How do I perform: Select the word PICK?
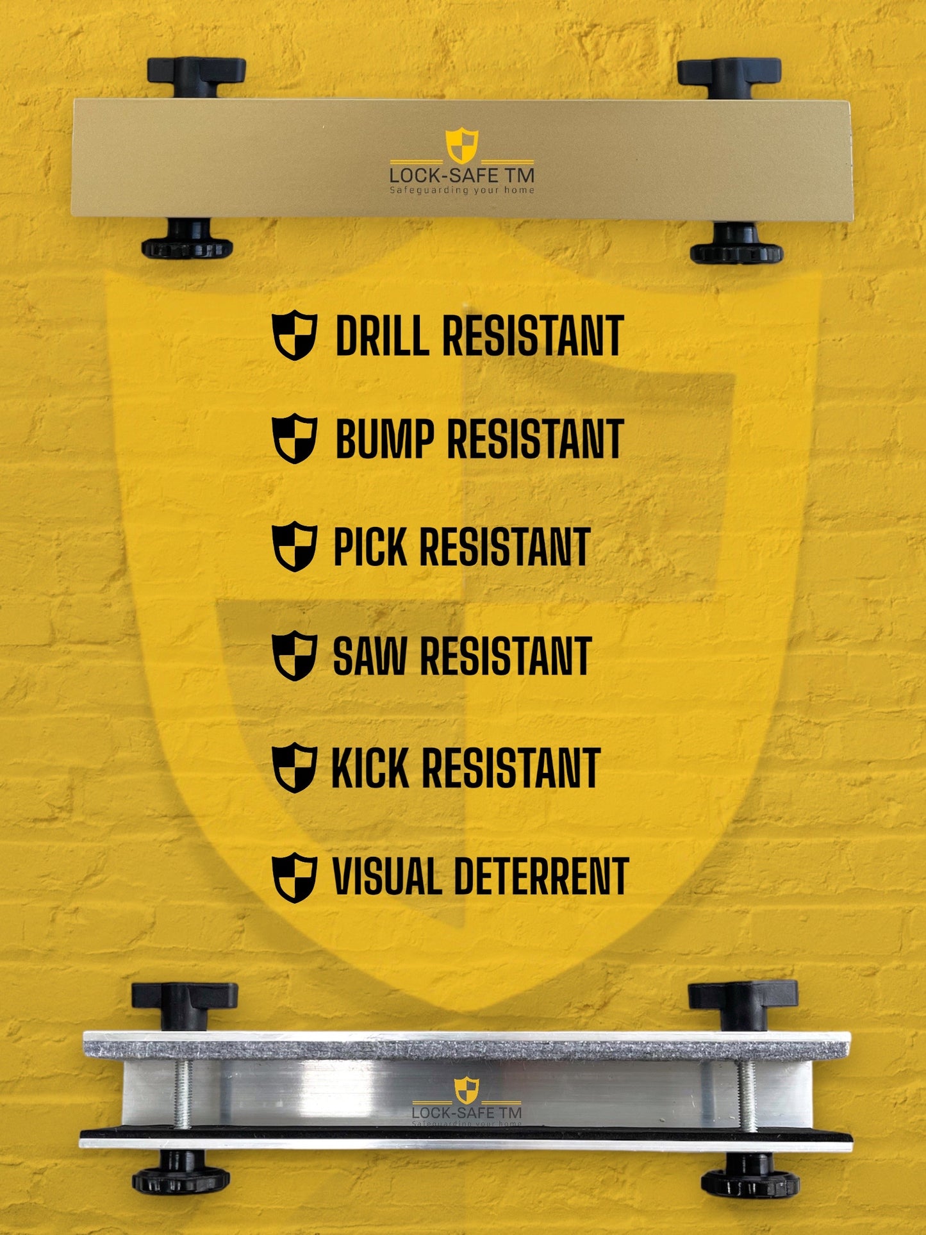click(370, 547)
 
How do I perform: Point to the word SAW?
click(369, 656)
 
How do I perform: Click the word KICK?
click(370, 768)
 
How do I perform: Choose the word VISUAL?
click(387, 877)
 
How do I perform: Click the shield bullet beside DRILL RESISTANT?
click(294, 335)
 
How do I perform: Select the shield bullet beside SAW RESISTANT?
click(294, 656)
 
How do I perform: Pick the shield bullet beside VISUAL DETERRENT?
click(294, 877)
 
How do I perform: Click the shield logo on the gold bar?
click(462, 146)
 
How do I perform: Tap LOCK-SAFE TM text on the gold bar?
click(461, 175)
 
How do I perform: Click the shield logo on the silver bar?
click(467, 1090)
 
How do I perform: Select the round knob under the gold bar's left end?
click(187, 241)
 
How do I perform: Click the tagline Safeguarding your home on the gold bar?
click(461, 190)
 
